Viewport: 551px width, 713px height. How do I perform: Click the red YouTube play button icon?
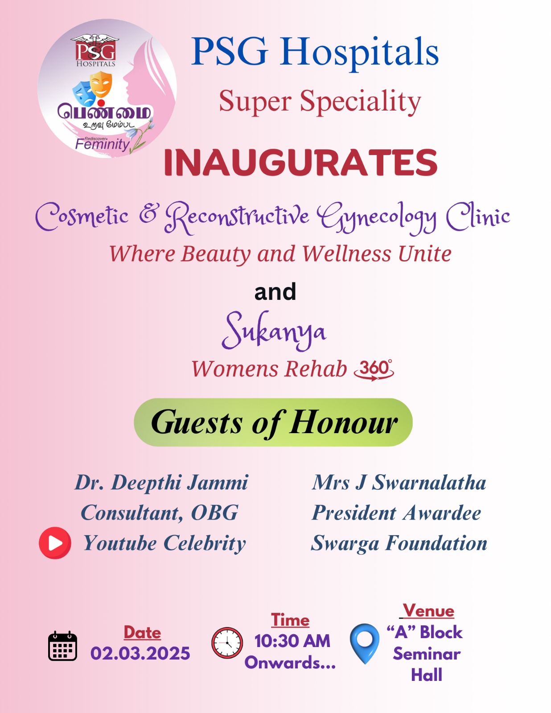tap(55, 543)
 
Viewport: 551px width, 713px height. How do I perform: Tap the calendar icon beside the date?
tap(63, 645)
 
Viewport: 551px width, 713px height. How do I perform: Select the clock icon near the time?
tap(227, 643)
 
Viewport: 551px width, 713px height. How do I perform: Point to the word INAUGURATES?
tap(300, 163)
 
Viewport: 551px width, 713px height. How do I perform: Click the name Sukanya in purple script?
tap(274, 331)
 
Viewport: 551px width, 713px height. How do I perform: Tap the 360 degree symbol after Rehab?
tap(374, 370)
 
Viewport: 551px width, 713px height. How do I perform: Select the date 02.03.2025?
tap(140, 653)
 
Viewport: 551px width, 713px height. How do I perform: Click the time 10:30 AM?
tap(292, 641)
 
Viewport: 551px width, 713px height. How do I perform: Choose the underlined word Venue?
tap(428, 611)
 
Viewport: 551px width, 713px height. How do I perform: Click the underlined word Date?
tap(142, 632)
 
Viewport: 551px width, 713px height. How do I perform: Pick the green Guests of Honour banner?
tap(273, 422)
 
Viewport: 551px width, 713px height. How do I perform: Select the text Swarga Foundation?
tap(399, 543)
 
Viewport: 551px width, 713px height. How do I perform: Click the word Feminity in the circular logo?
tap(102, 144)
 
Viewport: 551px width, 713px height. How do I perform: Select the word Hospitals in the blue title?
tap(359, 53)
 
